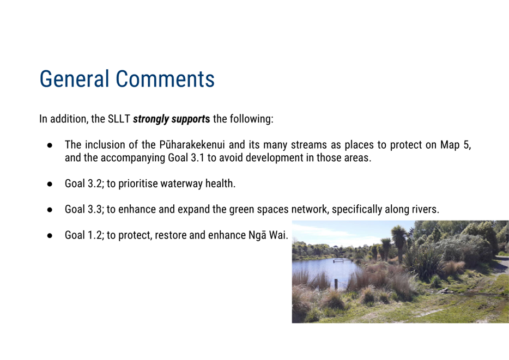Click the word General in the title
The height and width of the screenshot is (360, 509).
(x=74, y=79)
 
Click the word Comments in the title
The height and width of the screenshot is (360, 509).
(x=165, y=79)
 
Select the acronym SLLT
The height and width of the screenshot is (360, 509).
(x=119, y=119)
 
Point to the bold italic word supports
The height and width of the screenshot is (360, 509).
(x=191, y=119)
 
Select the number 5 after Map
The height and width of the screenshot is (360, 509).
(x=467, y=145)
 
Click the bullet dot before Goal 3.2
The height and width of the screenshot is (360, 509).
(x=50, y=184)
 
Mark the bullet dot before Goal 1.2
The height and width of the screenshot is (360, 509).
(x=50, y=236)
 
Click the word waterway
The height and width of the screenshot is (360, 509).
(x=181, y=184)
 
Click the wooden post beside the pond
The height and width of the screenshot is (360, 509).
(x=336, y=284)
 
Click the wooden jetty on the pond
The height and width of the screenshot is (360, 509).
(x=343, y=260)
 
